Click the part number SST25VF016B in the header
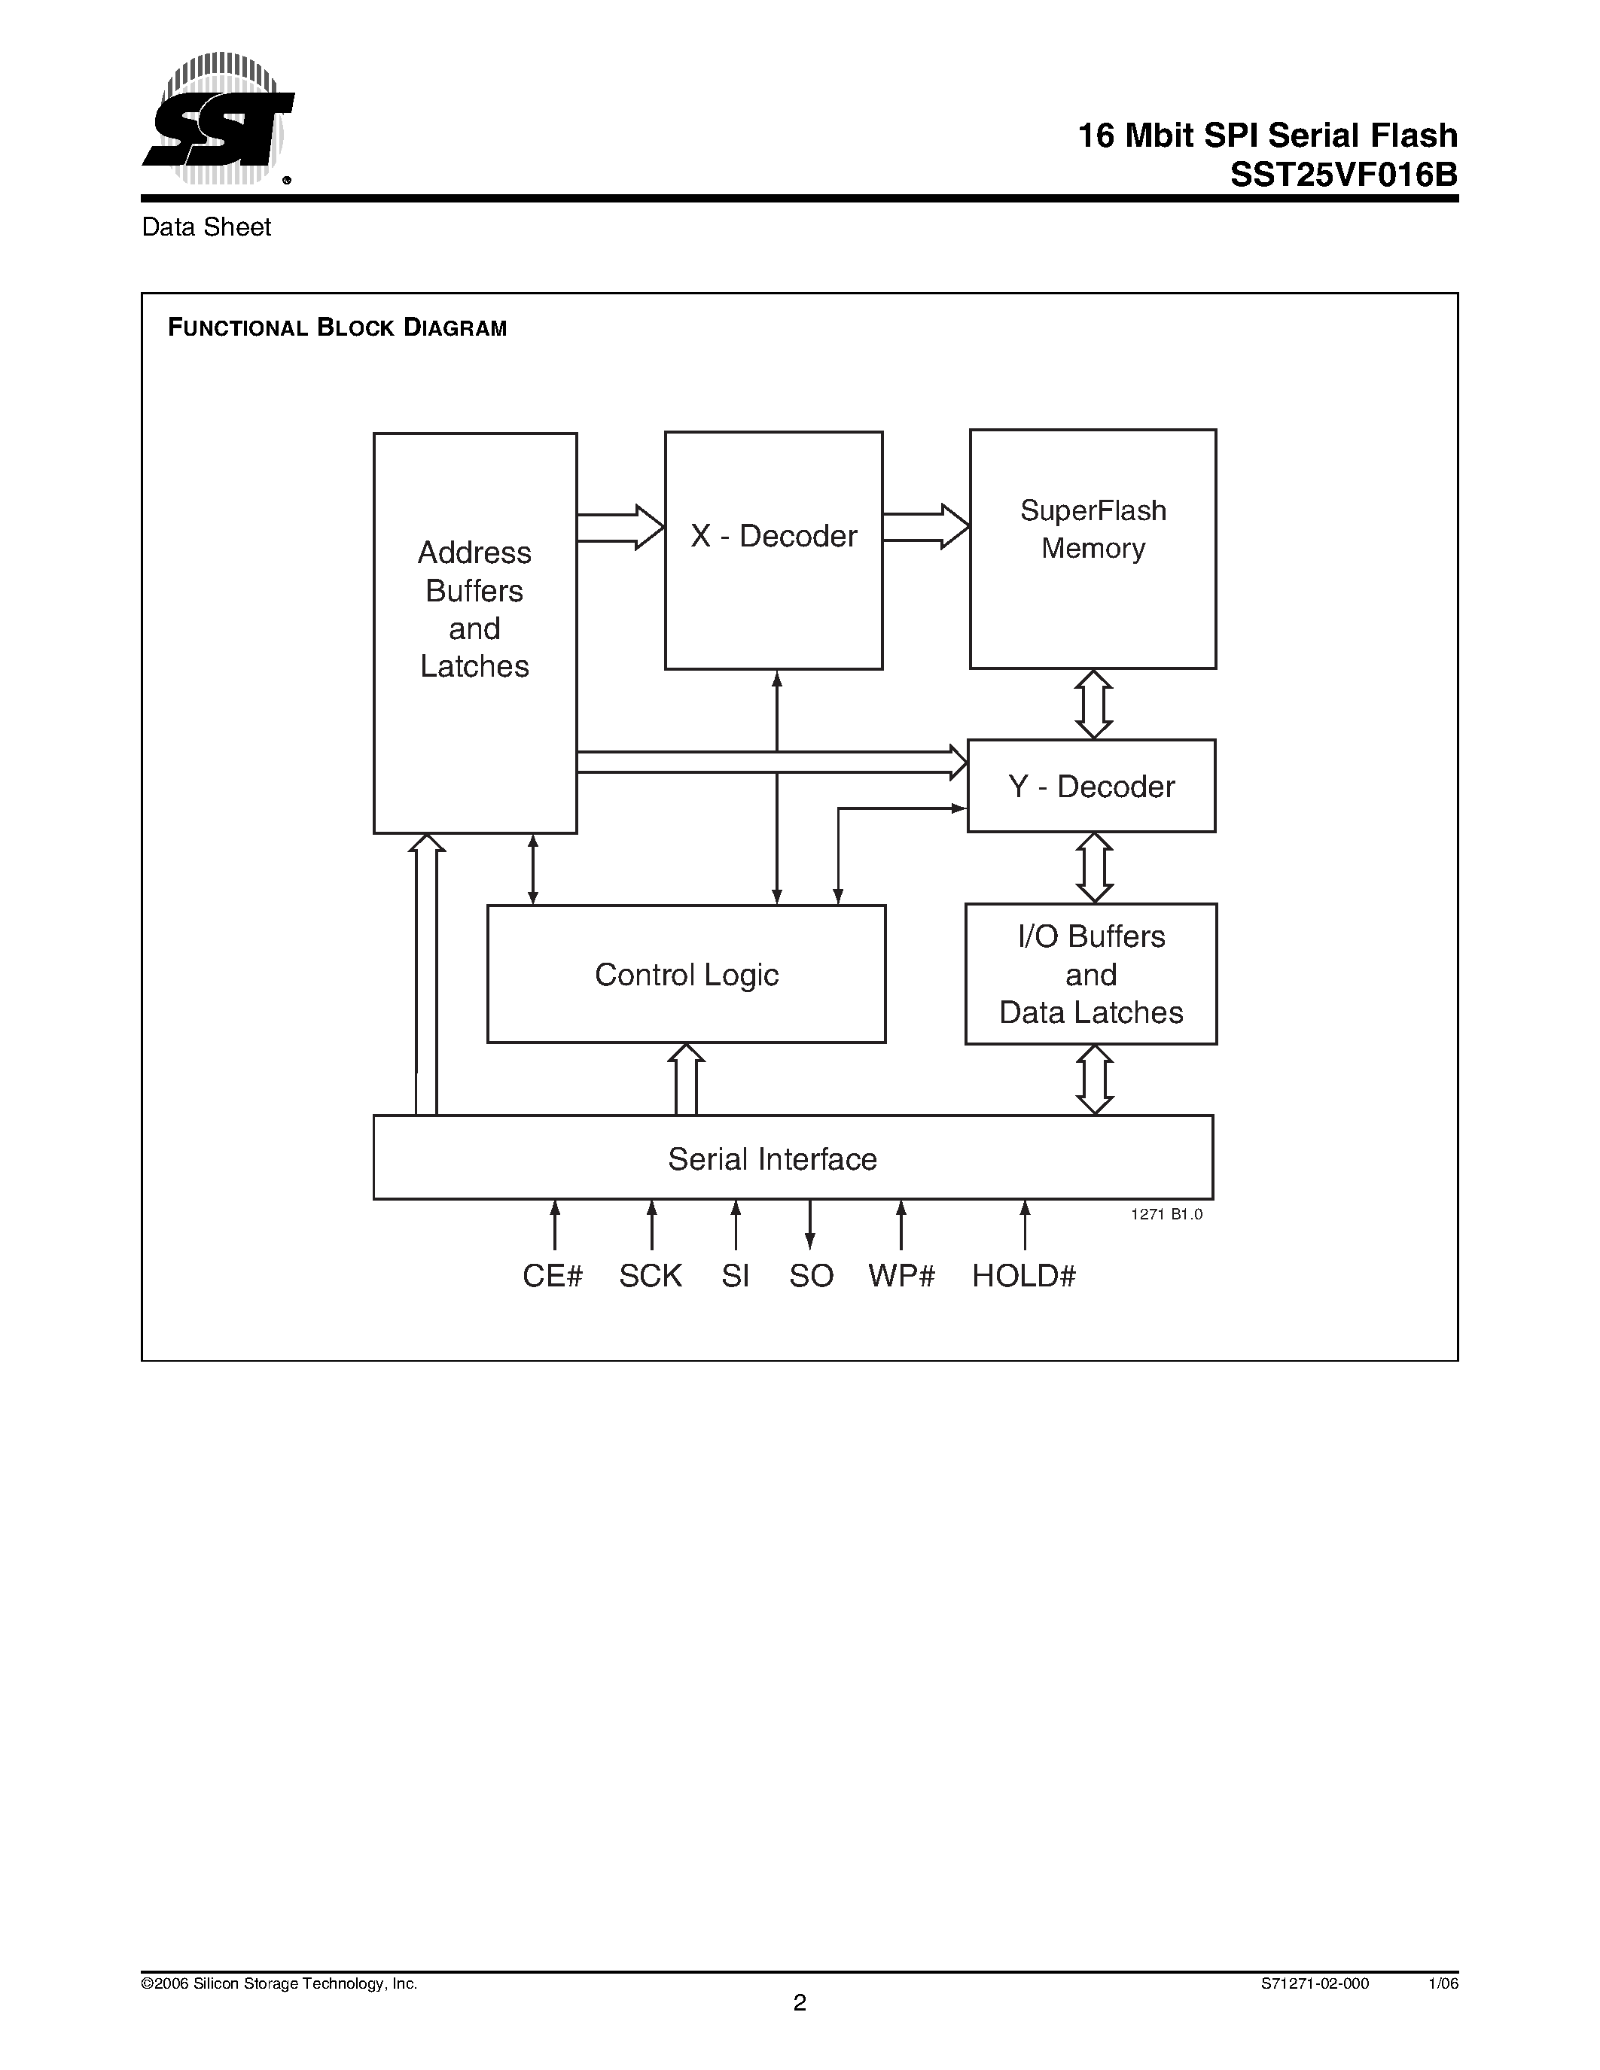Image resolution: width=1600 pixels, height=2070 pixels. (1343, 175)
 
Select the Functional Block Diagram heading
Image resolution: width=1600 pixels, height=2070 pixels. (337, 328)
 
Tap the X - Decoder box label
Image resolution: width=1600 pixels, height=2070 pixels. (773, 537)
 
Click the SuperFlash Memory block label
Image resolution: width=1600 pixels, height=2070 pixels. (1093, 529)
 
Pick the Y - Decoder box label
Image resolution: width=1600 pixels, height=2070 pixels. (1091, 787)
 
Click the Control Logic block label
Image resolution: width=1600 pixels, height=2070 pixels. (686, 974)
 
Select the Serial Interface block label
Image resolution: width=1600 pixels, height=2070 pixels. (773, 1159)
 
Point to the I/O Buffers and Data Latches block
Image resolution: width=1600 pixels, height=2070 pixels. (1091, 974)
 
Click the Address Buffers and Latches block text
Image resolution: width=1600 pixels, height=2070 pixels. (475, 610)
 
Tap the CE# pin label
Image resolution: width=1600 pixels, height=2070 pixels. (553, 1276)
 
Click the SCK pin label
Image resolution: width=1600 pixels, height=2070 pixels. (651, 1276)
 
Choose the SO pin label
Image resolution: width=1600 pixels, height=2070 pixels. (812, 1276)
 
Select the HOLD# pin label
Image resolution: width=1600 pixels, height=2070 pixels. (1024, 1276)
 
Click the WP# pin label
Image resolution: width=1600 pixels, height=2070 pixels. (901, 1276)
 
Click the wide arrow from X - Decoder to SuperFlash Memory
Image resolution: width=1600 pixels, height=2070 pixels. (926, 527)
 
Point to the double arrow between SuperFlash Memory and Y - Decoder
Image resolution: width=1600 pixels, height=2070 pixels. (1093, 705)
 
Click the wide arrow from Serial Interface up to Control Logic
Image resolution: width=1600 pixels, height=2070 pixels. (686, 1079)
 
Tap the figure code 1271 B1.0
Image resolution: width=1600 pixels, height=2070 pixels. (1166, 1214)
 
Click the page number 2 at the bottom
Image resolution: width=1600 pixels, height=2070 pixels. (800, 2003)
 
